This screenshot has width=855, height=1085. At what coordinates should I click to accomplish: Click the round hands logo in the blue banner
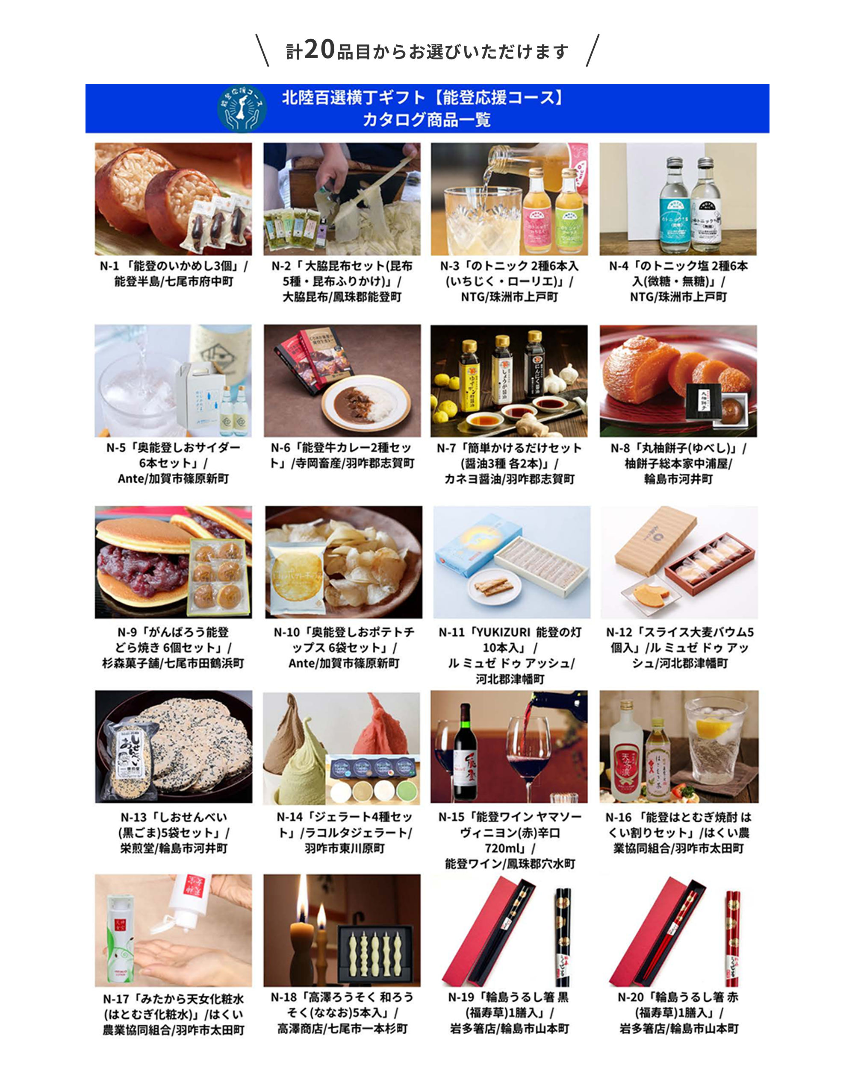242,108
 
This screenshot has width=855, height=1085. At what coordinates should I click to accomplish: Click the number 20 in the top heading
319,50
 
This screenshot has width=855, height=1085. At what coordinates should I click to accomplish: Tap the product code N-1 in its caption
109,266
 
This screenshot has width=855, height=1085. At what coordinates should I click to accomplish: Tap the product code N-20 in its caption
630,997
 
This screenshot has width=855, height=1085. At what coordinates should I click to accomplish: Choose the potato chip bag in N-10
296,579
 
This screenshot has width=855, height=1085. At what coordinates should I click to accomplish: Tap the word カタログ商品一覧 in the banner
427,120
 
